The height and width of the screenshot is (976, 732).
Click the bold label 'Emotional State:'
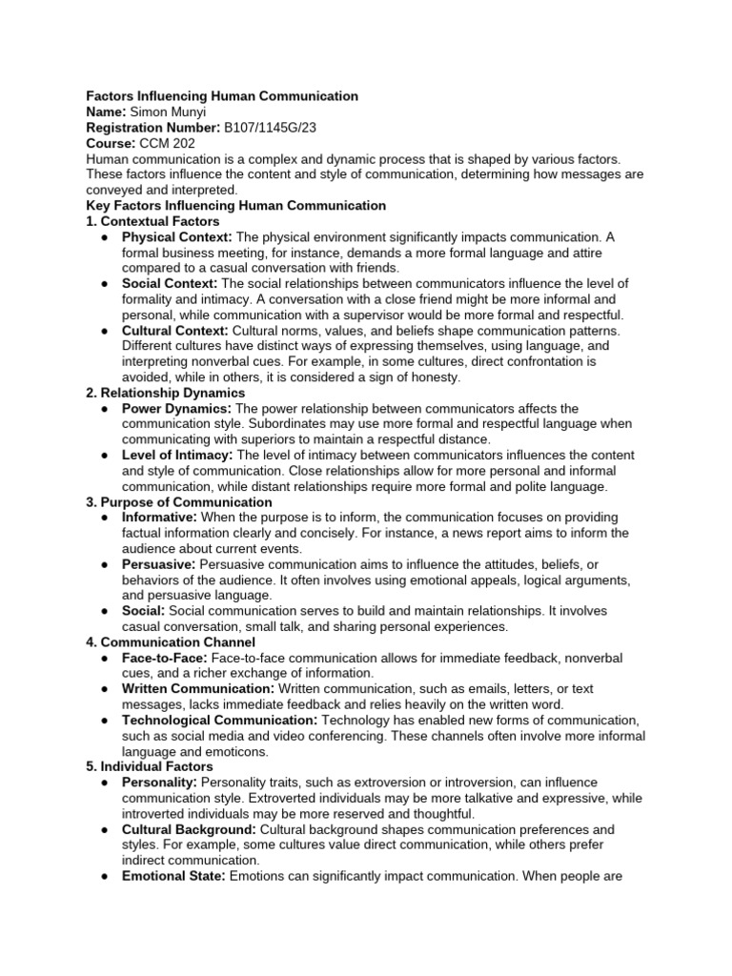coord(173,877)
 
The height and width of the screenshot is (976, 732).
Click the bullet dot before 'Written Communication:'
coord(103,689)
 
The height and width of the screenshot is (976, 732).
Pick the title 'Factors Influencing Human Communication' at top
coord(222,96)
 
